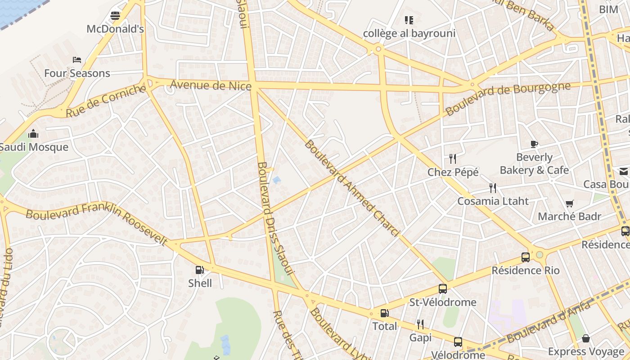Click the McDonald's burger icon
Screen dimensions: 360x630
coord(115,16)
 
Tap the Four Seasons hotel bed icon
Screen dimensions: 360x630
coord(77,59)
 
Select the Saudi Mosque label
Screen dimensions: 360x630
coord(34,147)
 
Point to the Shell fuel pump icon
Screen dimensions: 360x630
coord(200,270)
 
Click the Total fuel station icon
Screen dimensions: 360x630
coord(384,313)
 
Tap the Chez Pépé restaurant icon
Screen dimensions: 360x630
coord(453,158)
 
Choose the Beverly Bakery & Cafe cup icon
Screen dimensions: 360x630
coord(534,144)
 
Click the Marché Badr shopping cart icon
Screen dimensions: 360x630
coord(570,203)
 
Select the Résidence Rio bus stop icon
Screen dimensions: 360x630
coord(525,257)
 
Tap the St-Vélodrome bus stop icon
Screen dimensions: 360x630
coord(443,289)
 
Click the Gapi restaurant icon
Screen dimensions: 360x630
coord(420,324)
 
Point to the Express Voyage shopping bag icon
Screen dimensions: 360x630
coord(586,338)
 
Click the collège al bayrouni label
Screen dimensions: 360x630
coord(409,33)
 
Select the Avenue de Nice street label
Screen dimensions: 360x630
coord(210,85)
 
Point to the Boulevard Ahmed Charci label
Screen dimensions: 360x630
coord(352,188)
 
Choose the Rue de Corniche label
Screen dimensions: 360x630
coord(106,101)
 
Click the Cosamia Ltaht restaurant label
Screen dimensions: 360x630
coord(493,201)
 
